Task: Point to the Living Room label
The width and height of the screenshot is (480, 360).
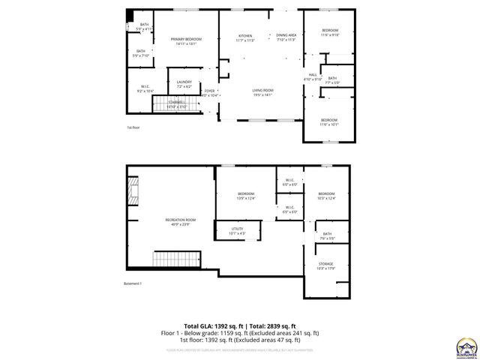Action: pyautogui.click(x=262, y=92)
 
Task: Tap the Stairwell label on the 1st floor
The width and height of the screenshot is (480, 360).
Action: pyautogui.click(x=177, y=103)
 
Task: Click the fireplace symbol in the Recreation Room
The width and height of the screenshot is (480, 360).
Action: pyautogui.click(x=133, y=191)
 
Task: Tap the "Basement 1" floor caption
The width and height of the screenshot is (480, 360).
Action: pyautogui.click(x=133, y=283)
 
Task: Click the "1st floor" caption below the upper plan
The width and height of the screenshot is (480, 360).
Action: pyautogui.click(x=132, y=127)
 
